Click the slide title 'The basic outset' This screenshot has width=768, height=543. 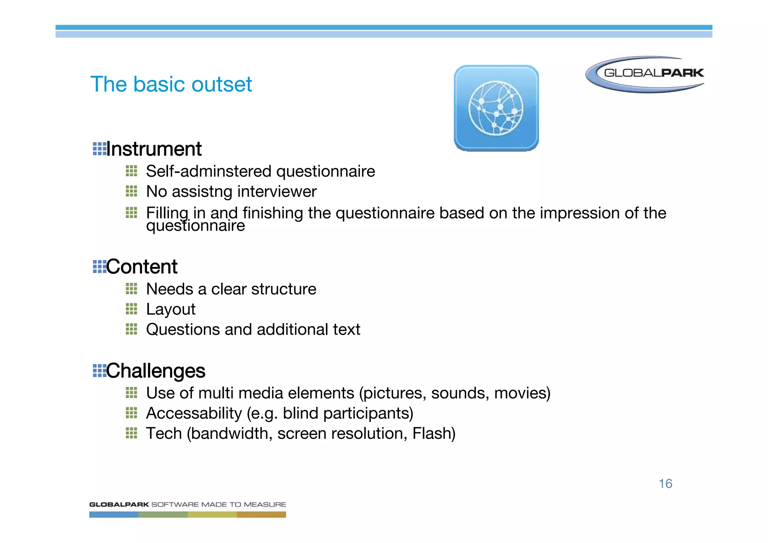pyautogui.click(x=171, y=84)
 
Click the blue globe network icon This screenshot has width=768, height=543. pyautogui.click(x=496, y=108)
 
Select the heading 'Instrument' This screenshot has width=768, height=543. pyautogui.click(x=154, y=149)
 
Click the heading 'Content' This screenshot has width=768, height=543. pyautogui.click(x=142, y=267)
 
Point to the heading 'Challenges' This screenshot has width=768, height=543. pyautogui.click(x=156, y=370)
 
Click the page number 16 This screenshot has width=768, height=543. pyautogui.click(x=665, y=483)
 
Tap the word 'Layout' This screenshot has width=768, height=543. pyautogui.click(x=171, y=309)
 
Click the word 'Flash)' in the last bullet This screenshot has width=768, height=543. pyautogui.click(x=434, y=433)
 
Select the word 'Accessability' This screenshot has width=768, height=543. pyautogui.click(x=194, y=413)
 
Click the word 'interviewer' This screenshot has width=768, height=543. pyautogui.click(x=277, y=192)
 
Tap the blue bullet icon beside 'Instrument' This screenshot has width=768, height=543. pyautogui.click(x=99, y=149)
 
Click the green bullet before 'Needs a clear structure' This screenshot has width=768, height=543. pyautogui.click(x=131, y=289)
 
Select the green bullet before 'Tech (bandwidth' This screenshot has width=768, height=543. pyautogui.click(x=131, y=433)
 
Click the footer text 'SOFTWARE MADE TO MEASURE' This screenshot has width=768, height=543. pyautogui.click(x=218, y=504)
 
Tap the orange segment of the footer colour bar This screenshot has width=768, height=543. pyautogui.click(x=261, y=515)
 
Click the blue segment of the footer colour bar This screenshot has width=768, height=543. pyautogui.click(x=114, y=515)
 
